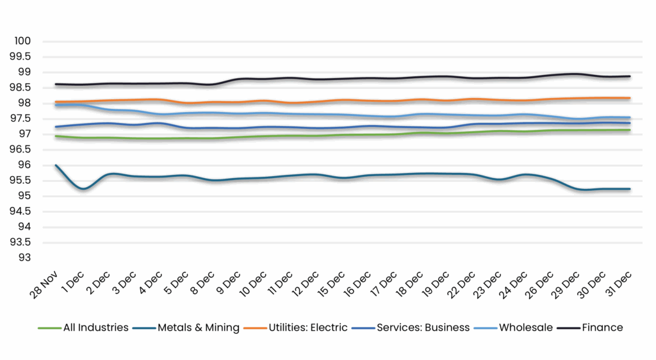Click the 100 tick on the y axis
(x=23, y=42)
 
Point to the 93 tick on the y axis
(x=26, y=258)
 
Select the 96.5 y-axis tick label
(x=21, y=150)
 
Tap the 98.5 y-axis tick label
(x=21, y=88)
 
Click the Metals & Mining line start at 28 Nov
(x=56, y=165)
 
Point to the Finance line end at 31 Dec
(x=630, y=76)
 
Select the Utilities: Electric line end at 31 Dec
(x=630, y=98)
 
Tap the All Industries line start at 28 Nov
(x=56, y=136)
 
